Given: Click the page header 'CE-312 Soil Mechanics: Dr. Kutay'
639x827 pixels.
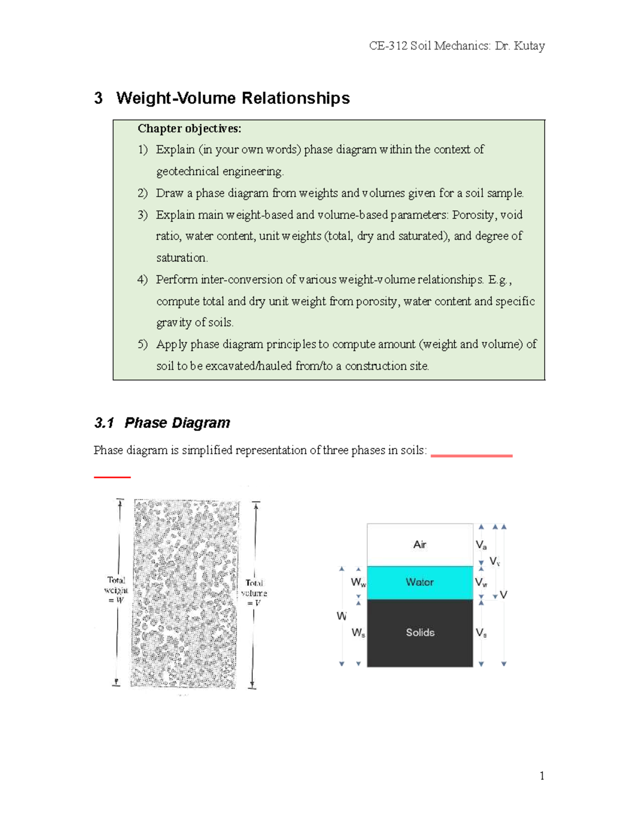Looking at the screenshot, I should point(456,46).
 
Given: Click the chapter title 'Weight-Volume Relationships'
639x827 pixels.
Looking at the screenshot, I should point(233,98).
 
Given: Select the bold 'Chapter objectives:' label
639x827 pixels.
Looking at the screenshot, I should point(189,128).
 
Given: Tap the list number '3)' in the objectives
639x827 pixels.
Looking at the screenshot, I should point(142,215).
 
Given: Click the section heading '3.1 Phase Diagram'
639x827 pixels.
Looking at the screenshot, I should point(162,423).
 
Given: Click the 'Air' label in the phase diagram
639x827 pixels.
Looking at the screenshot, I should point(420,544).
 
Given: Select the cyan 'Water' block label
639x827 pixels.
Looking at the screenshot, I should point(420,582).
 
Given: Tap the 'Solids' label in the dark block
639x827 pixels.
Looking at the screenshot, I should point(420,633).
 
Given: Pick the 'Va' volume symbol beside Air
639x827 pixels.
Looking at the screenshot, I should point(481,545).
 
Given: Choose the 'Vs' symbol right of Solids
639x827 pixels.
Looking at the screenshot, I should point(481,633).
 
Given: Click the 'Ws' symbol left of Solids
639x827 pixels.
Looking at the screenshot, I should point(358,633).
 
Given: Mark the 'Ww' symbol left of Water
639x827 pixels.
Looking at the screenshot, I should point(358,583).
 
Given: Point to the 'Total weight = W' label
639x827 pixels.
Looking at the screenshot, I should point(116,590).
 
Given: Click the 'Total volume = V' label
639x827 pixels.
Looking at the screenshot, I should point(254,593).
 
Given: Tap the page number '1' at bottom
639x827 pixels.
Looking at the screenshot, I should point(542,776).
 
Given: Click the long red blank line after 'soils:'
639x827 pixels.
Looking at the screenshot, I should point(471,456).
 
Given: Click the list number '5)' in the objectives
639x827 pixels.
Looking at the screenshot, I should point(142,344).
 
